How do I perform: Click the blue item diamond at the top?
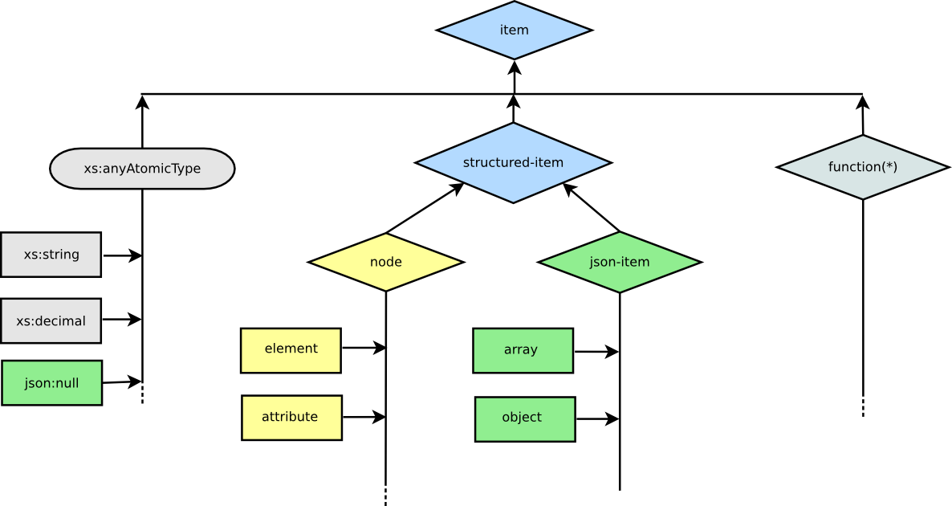pos(515,31)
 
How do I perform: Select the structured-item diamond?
pos(514,163)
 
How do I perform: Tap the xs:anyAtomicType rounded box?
pos(142,168)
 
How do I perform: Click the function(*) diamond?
pos(863,167)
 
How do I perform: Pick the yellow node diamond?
pos(386,262)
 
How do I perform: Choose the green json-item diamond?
pos(620,263)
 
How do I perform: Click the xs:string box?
pos(51,255)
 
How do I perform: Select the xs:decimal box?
pos(51,320)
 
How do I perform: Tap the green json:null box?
pos(51,382)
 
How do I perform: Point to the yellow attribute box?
pos(291,418)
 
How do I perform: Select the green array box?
pos(523,350)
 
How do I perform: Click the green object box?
pos(525,419)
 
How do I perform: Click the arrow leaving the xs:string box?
pos(122,255)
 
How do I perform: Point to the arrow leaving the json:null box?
pos(122,382)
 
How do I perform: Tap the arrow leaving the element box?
pos(364,348)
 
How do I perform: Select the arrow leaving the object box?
pos(597,418)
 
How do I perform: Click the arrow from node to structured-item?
pos(425,208)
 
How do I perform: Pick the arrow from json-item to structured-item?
pos(592,207)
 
